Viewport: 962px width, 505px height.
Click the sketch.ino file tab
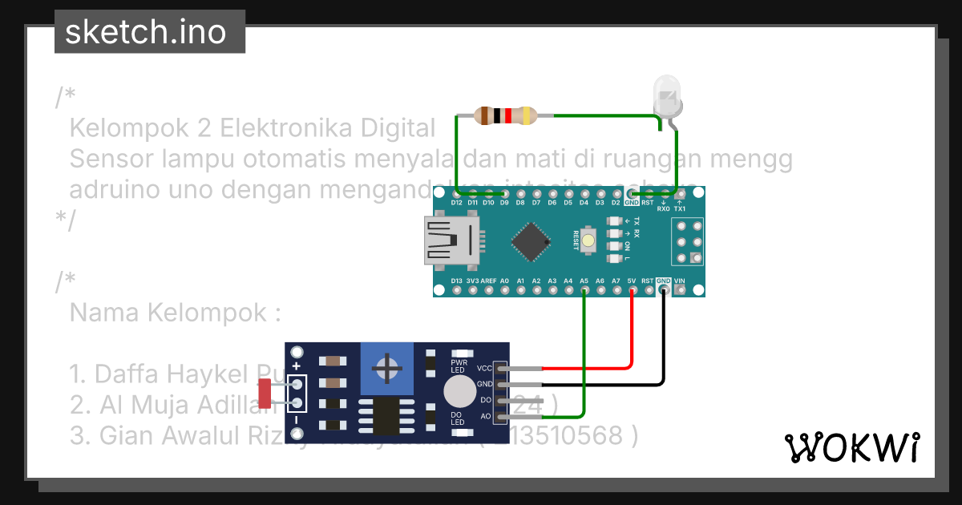tap(150, 32)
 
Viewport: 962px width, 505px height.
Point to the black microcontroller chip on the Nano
tap(532, 241)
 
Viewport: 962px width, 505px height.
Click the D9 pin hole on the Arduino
tap(504, 193)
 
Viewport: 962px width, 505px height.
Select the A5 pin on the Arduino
tap(584, 290)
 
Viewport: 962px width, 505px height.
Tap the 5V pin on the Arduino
tap(632, 290)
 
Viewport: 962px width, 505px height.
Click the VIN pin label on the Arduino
tap(680, 281)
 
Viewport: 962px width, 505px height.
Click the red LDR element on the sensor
tap(265, 393)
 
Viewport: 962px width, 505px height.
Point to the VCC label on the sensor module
tap(484, 368)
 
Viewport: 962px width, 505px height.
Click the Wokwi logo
tap(851, 447)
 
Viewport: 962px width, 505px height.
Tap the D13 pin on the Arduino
tap(457, 290)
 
